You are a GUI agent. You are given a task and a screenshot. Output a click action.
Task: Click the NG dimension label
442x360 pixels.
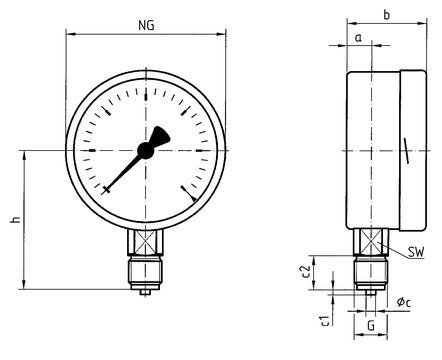(146, 25)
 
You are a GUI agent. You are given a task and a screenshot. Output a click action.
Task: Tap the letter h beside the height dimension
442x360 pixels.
(15, 220)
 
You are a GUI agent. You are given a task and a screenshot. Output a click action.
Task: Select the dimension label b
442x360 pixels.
(387, 15)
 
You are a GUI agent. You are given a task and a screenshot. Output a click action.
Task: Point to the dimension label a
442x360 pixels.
(358, 38)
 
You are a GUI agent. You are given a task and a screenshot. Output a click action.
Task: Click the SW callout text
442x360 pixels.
(416, 252)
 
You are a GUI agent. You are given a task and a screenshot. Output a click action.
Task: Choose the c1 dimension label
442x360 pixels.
(325, 320)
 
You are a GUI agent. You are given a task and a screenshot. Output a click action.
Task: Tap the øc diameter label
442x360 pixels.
(404, 302)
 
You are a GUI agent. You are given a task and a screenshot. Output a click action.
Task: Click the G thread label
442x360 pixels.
(371, 325)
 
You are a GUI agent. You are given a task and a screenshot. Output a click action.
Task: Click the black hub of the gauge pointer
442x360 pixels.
(146, 150)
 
